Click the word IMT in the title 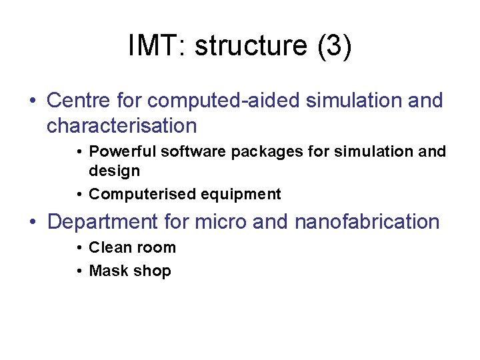click(155, 46)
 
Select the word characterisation click(121, 125)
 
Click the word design click(114, 171)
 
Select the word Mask click(107, 271)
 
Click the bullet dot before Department click(33, 222)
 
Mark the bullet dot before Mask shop click(79, 271)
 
